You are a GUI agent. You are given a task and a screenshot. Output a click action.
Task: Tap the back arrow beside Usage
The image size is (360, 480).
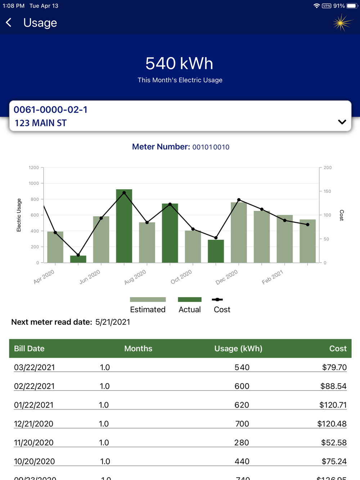9,23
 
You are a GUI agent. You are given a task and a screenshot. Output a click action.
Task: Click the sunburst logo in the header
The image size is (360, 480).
342,23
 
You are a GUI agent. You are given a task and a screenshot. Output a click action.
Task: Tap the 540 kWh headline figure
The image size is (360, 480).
179,63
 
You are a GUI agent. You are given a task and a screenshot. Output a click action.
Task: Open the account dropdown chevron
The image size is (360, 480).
342,122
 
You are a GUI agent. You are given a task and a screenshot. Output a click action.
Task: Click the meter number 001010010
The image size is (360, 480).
211,147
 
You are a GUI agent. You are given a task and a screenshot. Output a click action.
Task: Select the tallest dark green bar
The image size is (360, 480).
124,226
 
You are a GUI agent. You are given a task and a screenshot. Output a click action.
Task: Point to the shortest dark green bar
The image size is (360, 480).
78,259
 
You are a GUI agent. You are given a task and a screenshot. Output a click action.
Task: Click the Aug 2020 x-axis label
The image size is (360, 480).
135,277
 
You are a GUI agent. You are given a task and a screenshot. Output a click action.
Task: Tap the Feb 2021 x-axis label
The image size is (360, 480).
273,277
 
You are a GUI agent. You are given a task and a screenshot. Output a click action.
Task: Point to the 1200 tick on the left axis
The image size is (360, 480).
34,168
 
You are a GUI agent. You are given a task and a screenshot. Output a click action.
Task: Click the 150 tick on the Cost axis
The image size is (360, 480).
327,191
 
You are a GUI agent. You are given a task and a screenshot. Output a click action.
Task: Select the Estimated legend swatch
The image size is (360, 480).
148,299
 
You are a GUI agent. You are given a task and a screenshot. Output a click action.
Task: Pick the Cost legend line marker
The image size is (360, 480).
217,299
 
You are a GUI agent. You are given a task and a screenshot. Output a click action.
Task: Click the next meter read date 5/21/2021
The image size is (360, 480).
113,322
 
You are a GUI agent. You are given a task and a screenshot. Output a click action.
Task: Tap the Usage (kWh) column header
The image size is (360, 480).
238,348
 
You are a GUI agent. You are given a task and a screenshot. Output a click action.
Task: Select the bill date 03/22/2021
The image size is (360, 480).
35,367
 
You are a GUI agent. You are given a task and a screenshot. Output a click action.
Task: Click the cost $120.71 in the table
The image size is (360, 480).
333,405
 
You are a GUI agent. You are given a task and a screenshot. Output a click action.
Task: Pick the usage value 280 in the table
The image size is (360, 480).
242,443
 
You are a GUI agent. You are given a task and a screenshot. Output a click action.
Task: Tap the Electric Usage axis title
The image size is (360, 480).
19,215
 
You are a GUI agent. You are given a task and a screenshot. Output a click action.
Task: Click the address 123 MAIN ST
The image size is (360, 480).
41,123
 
